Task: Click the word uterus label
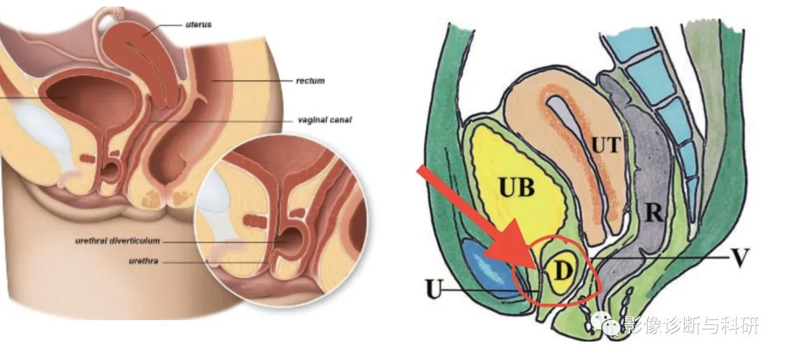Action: point(198,24)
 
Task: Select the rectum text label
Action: point(310,80)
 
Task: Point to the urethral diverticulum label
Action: point(118,241)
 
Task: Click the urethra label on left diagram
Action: point(144,261)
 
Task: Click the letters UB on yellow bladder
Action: point(516,188)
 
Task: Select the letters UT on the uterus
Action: point(606,145)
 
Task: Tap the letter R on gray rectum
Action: point(654,213)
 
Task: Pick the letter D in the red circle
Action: point(563,272)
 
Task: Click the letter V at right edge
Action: point(740,258)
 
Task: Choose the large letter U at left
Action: point(434,290)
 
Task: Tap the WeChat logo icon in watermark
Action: point(604,323)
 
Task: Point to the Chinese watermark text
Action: point(691,324)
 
